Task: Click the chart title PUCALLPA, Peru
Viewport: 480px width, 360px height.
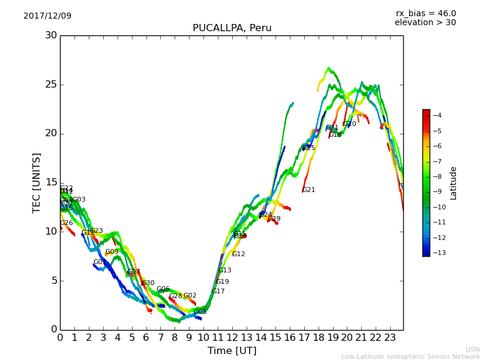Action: [232, 28]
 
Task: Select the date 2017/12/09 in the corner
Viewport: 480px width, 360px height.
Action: [47, 16]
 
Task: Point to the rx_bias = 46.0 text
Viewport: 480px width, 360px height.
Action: [425, 13]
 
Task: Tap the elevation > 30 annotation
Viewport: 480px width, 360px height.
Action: [425, 23]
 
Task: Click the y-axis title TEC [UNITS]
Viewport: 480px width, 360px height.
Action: [37, 182]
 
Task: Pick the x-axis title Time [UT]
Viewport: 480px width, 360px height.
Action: [232, 350]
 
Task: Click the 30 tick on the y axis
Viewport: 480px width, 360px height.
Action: [50, 35]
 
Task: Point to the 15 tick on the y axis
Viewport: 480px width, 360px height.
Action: [50, 182]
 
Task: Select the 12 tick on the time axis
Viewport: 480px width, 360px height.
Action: [232, 337]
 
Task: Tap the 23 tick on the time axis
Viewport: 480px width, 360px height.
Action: [390, 337]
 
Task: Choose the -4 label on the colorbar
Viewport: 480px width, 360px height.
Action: [436, 115]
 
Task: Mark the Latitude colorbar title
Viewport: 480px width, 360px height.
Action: [454, 182]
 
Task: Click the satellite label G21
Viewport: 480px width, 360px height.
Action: [308, 190]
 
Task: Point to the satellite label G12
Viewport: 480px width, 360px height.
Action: [238, 254]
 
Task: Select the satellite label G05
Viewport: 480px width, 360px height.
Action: [200, 312]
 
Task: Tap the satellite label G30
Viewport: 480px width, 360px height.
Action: [148, 283]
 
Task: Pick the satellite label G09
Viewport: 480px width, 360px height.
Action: [112, 252]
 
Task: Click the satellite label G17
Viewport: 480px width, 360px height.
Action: [218, 292]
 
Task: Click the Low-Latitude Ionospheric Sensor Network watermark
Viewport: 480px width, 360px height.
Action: [410, 356]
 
